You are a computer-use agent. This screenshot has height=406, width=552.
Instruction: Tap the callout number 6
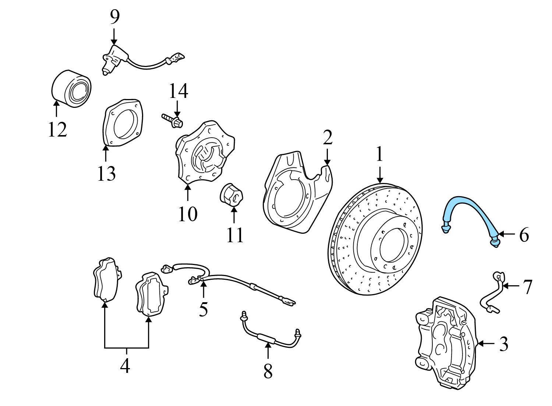tap(524, 235)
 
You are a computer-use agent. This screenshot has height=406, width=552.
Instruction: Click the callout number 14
tap(178, 91)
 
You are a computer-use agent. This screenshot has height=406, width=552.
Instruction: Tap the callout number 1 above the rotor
tap(379, 155)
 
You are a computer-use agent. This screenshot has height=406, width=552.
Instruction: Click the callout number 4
tap(125, 366)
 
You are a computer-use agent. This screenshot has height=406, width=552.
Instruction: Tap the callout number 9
tap(114, 17)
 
